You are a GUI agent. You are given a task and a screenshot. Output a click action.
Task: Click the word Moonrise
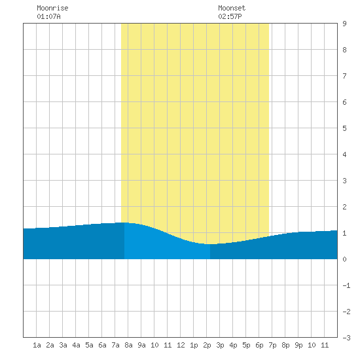tap(52, 8)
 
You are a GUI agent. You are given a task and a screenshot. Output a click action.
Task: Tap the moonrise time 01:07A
tap(48, 16)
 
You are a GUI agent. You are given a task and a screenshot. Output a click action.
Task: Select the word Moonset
tap(232, 8)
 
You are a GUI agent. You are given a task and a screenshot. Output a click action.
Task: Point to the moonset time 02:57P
tap(230, 16)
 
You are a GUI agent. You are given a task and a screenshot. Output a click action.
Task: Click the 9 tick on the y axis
tap(344, 24)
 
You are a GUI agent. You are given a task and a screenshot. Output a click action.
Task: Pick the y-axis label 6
tap(344, 102)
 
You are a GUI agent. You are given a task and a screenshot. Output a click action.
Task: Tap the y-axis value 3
tap(344, 181)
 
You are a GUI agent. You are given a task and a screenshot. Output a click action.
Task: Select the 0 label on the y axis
tap(344, 259)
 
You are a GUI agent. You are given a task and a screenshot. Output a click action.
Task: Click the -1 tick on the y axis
tap(346, 285)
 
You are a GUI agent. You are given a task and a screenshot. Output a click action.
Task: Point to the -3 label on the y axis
tap(346, 338)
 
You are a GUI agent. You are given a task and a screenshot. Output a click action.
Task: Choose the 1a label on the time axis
tap(37, 345)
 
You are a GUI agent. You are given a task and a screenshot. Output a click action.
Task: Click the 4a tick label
tap(76, 345)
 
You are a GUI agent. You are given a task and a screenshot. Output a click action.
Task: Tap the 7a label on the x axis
tap(115, 345)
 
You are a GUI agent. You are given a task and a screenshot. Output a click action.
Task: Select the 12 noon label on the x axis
tap(181, 345)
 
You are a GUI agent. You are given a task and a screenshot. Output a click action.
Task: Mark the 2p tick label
tap(207, 345)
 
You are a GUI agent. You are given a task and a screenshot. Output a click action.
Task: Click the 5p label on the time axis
tap(246, 345)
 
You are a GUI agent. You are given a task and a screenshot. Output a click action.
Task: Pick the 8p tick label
tap(285, 345)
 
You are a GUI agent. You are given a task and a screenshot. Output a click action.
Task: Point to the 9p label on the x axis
tap(298, 345)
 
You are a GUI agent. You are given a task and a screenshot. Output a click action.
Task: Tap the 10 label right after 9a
tap(154, 345)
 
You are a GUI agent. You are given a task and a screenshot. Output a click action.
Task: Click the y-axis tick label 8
tap(344, 50)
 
